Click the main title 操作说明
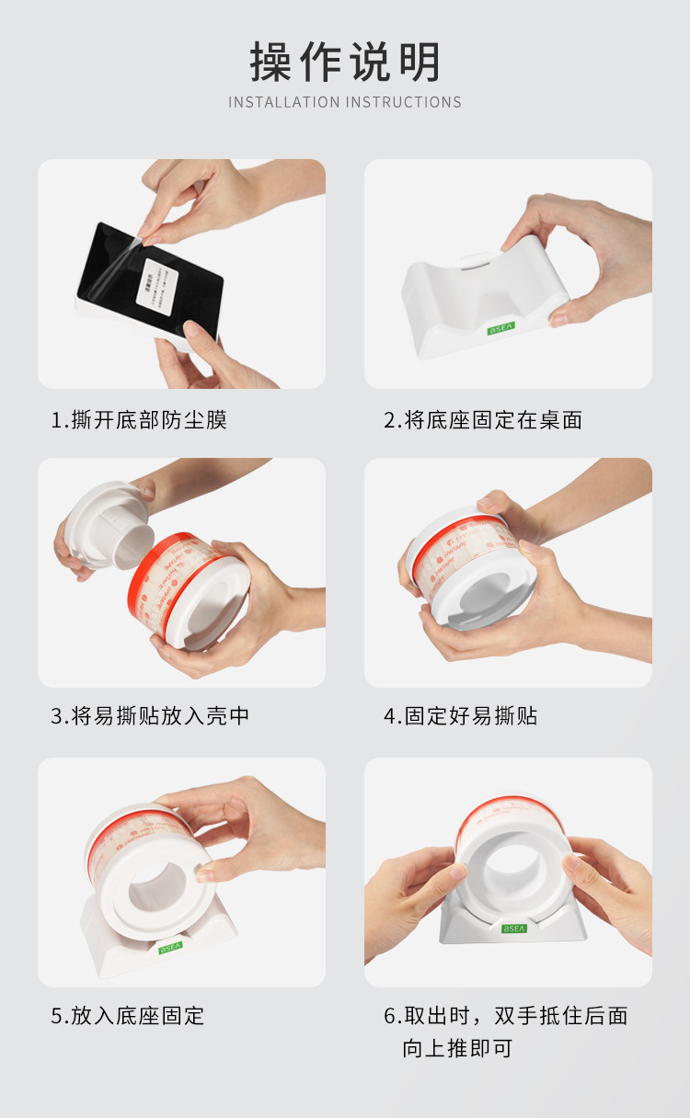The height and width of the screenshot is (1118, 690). pyautogui.click(x=345, y=63)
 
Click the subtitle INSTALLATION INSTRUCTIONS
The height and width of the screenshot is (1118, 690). pyautogui.click(x=345, y=102)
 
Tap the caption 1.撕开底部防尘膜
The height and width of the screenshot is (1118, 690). pyautogui.click(x=139, y=420)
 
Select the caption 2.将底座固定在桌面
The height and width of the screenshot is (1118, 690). pyautogui.click(x=483, y=420)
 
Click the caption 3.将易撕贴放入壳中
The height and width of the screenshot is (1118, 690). pyautogui.click(x=150, y=716)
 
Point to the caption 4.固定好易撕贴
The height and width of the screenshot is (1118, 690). pyautogui.click(x=461, y=716)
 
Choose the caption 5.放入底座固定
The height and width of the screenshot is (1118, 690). pyautogui.click(x=128, y=1016)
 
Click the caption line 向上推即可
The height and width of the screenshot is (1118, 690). pyautogui.click(x=457, y=1048)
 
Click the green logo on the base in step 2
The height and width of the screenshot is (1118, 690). pyautogui.click(x=502, y=327)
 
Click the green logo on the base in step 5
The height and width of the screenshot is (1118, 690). pyautogui.click(x=171, y=946)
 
